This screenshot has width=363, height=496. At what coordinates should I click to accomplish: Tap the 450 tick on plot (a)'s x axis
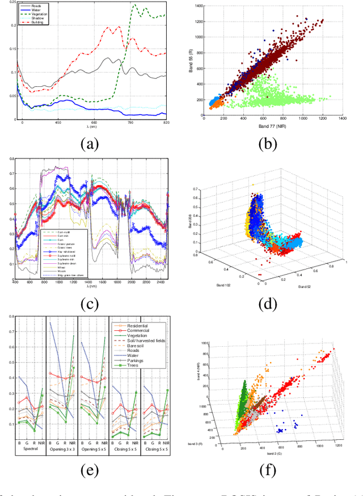click(58, 122)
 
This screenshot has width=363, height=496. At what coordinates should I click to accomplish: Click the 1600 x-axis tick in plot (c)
click(102, 282)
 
